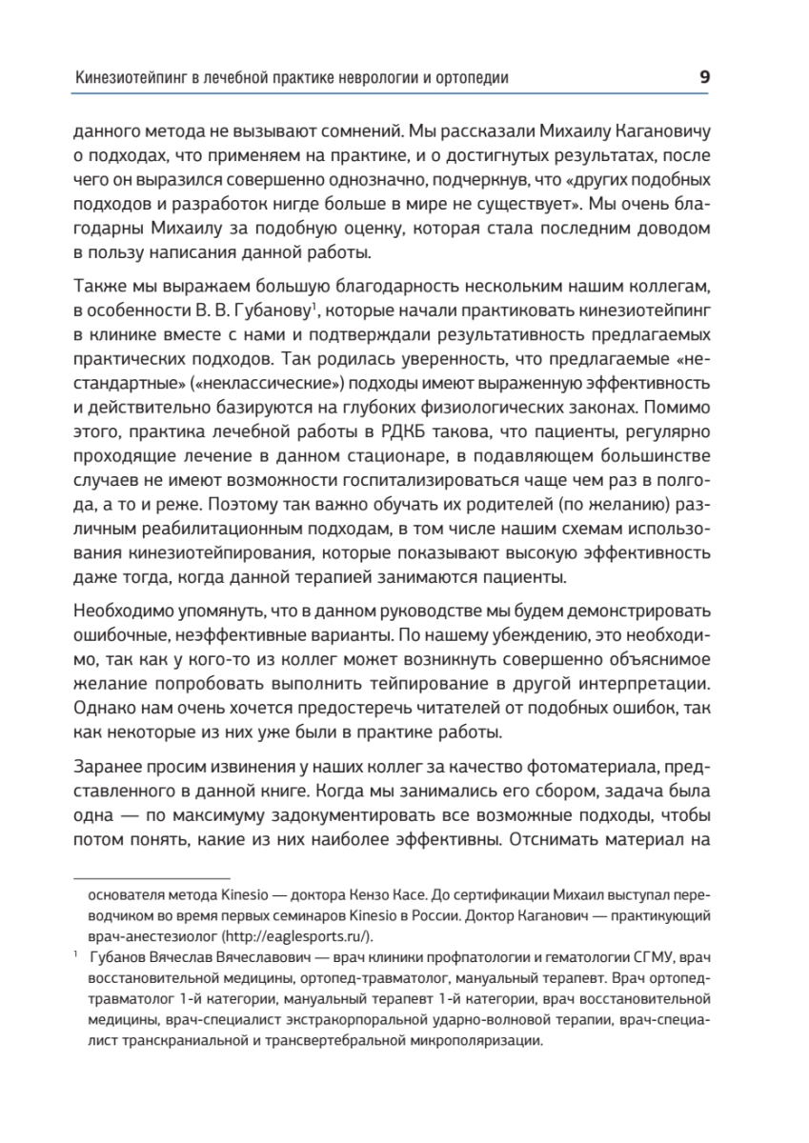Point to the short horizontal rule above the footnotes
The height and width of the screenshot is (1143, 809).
point(152,877)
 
